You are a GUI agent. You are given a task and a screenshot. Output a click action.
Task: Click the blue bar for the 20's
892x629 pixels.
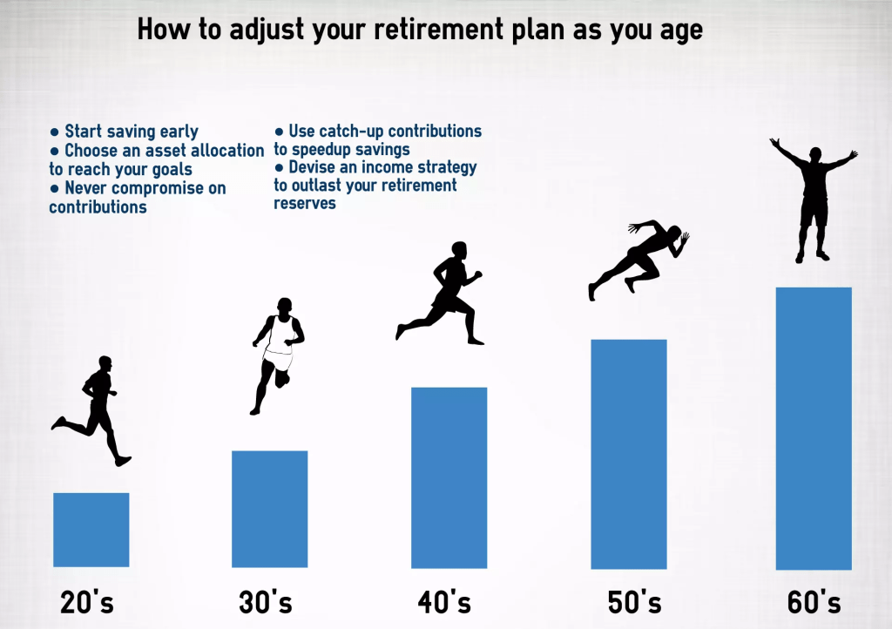(91, 530)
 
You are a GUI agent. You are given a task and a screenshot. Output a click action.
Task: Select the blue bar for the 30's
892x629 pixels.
(270, 509)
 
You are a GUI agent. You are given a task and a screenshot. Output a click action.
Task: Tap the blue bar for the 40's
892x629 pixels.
(449, 477)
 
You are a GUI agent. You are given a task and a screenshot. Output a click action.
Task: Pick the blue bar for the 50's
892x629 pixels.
(629, 454)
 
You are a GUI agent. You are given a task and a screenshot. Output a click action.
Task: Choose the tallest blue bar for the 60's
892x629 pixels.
(814, 429)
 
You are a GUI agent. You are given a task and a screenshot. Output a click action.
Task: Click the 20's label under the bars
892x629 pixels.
(87, 602)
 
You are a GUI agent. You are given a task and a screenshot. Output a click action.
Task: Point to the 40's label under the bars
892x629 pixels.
(444, 602)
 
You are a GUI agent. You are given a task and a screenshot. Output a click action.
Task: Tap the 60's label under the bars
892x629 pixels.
(814, 602)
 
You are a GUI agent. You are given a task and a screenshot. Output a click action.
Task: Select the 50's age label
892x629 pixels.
(634, 602)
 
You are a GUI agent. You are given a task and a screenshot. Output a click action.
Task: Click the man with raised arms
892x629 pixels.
(814, 199)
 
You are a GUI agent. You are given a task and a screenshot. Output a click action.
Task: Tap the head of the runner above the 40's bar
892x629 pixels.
(459, 251)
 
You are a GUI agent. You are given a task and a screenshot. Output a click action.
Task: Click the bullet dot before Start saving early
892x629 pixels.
(55, 132)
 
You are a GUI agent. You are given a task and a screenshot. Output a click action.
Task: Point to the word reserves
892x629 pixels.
(305, 204)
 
